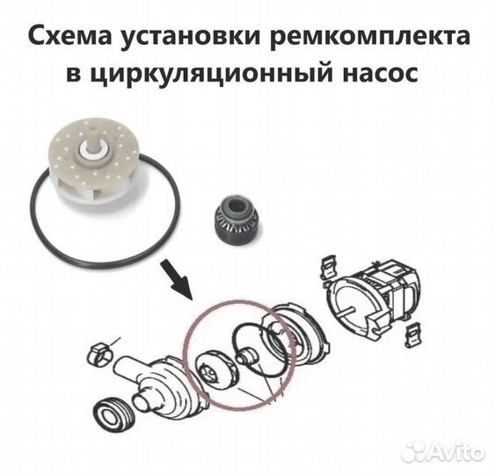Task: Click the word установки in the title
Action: point(180,39)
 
